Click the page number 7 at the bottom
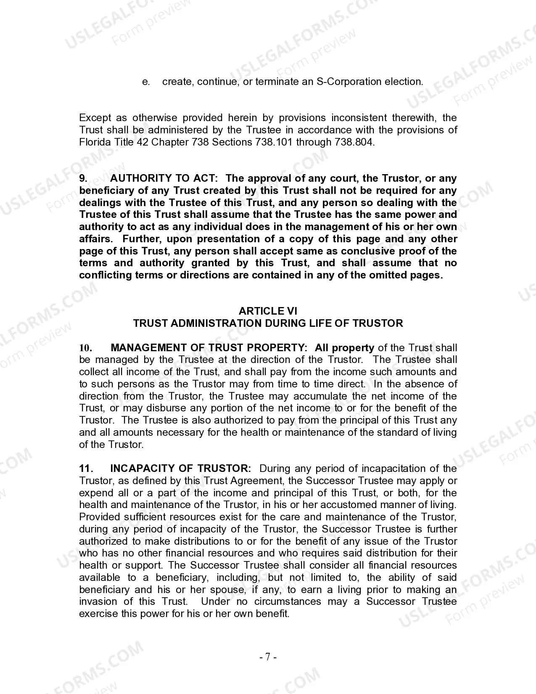[268, 657]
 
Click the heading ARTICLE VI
[268, 311]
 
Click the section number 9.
[83, 178]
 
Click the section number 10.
[86, 348]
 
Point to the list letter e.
[146, 82]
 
